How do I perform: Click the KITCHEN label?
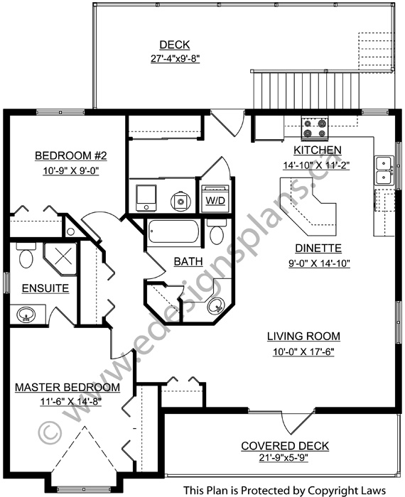(318, 151)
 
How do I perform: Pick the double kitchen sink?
(384, 171)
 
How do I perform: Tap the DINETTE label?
(320, 248)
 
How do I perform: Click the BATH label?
(188, 262)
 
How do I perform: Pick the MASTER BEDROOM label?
(67, 387)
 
